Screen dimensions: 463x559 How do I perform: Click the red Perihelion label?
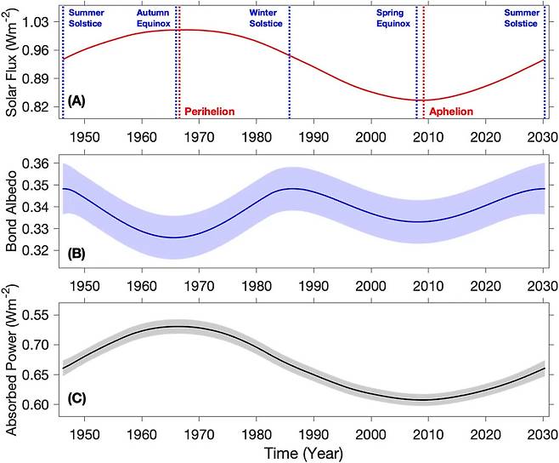(x=209, y=111)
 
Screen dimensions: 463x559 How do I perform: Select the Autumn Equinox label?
(x=155, y=19)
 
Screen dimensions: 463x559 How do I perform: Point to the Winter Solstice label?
(x=268, y=19)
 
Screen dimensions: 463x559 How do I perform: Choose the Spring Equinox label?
(x=393, y=19)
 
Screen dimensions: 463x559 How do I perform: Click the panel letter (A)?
(x=76, y=101)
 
